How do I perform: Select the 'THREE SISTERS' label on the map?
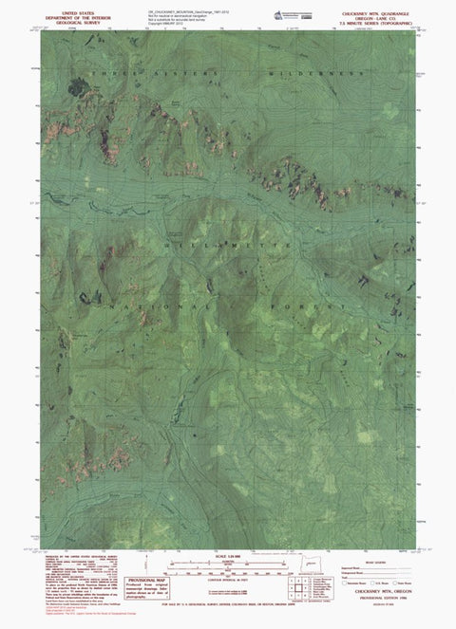point(119,73)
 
